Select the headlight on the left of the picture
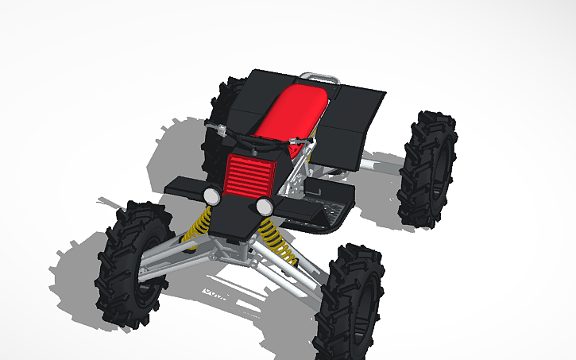[211, 195]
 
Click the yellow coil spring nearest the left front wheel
[199, 226]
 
